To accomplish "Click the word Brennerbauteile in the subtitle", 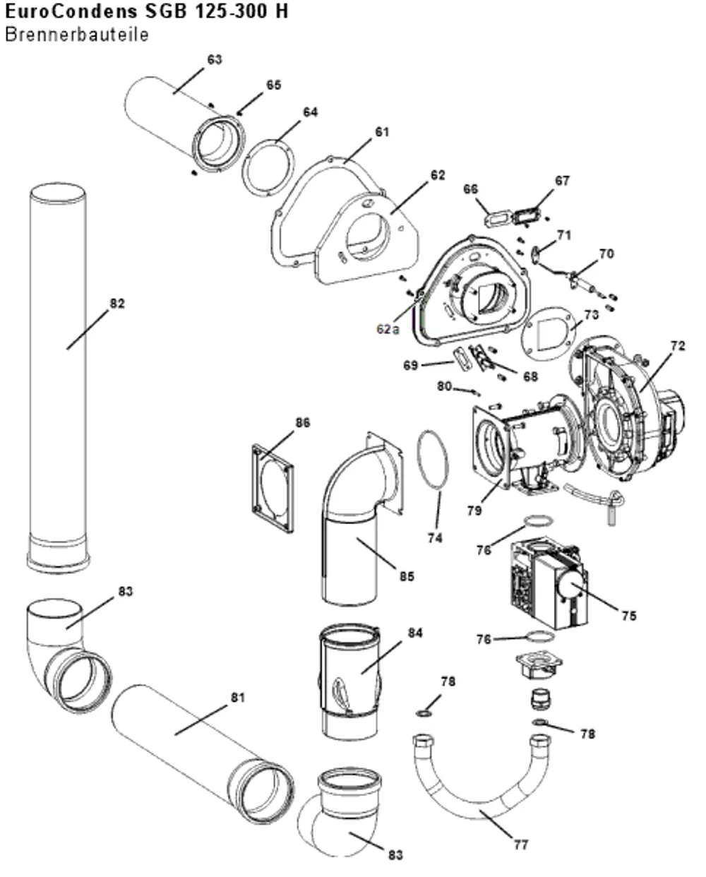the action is [77, 35].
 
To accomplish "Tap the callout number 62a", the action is [388, 329].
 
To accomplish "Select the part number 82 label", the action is [117, 304].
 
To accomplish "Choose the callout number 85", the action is [407, 577].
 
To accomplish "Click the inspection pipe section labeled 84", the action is [350, 681].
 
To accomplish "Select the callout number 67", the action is [562, 181].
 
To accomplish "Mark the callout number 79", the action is [474, 511].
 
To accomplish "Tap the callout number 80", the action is [444, 386].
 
